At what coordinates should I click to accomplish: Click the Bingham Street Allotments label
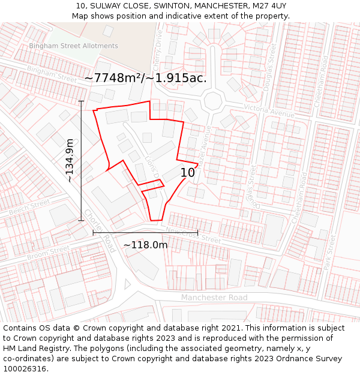tap(73, 46)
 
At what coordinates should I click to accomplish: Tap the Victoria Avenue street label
tap(269, 110)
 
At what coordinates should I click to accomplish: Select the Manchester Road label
tap(214, 298)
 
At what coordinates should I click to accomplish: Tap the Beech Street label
tap(29, 208)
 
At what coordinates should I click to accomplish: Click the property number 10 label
tap(188, 173)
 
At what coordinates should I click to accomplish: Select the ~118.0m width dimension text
tap(145, 245)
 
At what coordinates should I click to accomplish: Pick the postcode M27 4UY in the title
tap(266, 5)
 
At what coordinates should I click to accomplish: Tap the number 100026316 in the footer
tap(25, 368)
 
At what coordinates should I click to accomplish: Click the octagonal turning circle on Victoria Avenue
tap(213, 100)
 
